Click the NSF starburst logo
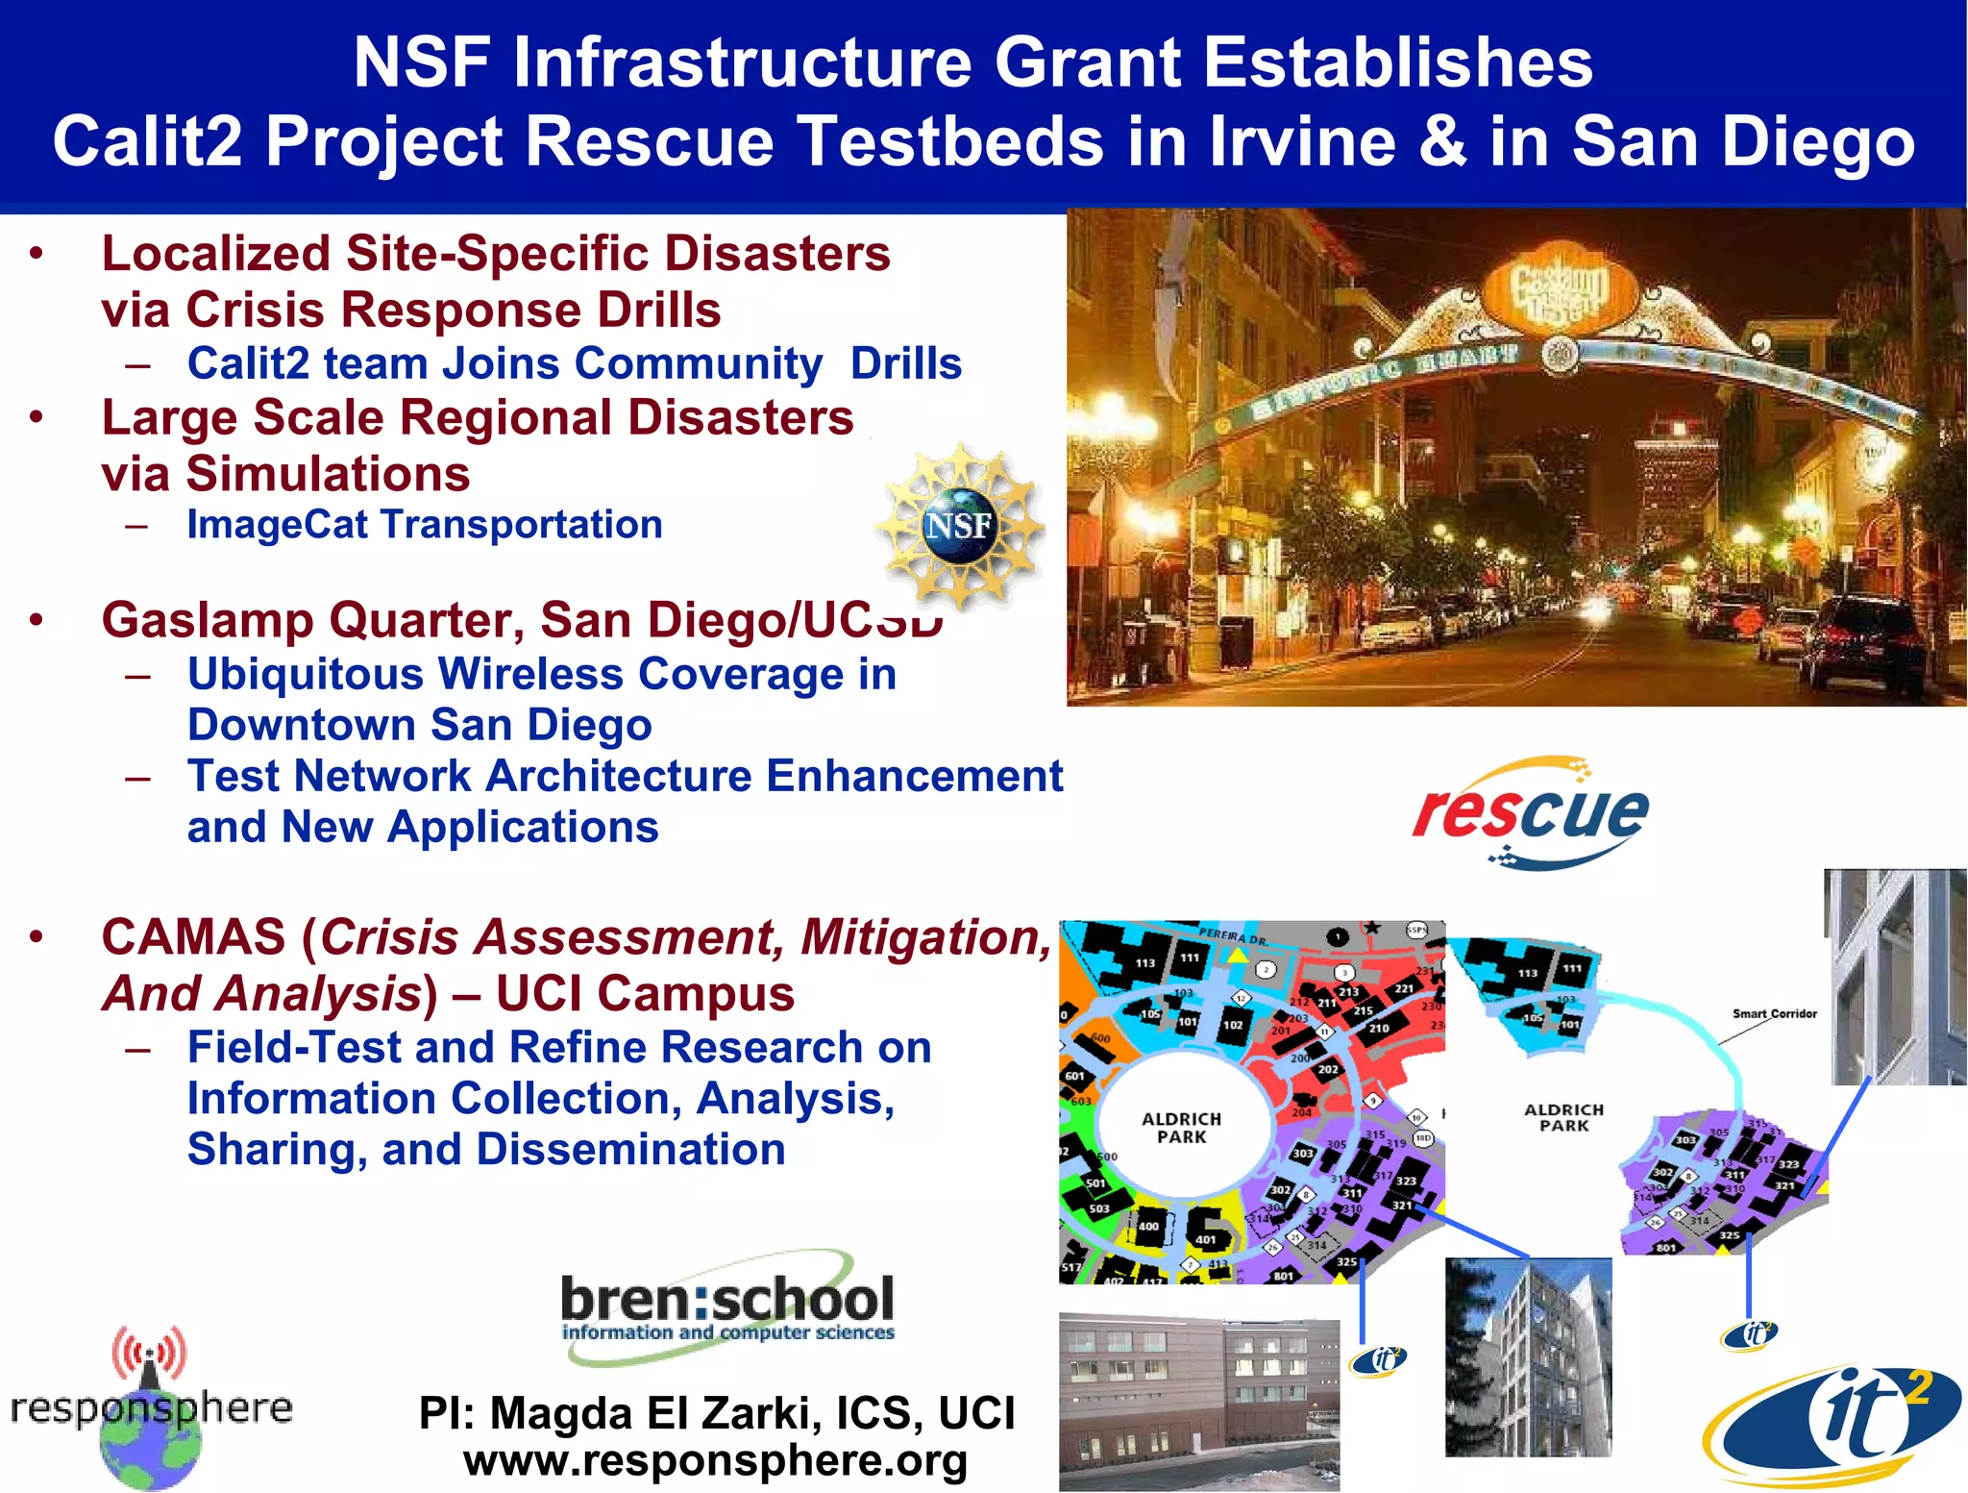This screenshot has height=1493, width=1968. [959, 525]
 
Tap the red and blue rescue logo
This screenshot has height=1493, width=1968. [1530, 813]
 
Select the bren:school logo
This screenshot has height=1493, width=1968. [727, 1306]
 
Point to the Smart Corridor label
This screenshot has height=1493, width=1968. [1774, 1013]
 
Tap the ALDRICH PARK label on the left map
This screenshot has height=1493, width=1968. [1181, 1128]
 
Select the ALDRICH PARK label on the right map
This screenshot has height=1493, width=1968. [1563, 1117]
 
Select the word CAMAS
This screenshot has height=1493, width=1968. [193, 937]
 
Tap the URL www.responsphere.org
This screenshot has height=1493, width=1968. [715, 1460]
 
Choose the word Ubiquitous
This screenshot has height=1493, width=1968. [305, 674]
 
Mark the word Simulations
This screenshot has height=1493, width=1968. [327, 474]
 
